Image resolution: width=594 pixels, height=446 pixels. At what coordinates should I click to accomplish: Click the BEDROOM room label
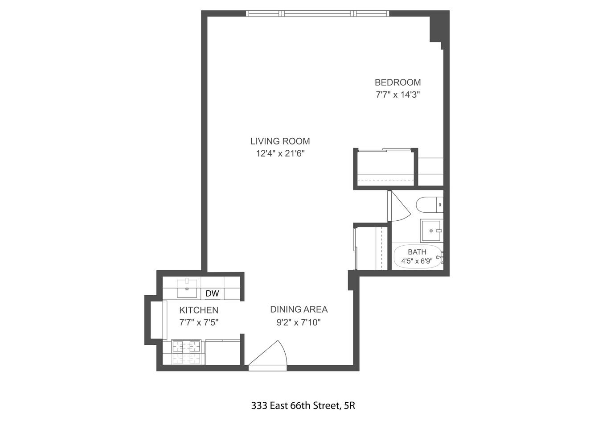[397, 83]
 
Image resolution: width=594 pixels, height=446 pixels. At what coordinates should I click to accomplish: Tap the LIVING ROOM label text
[280, 141]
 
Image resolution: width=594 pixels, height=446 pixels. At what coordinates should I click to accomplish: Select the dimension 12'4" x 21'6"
[280, 154]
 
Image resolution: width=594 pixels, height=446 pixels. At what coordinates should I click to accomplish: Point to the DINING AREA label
[299, 310]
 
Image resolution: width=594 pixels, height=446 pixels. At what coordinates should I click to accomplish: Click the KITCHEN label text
[199, 310]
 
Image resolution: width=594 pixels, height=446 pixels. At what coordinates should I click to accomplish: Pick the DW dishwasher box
[213, 293]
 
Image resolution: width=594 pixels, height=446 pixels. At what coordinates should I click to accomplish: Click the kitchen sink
[187, 288]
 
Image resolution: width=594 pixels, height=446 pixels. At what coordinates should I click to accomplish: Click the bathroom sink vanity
[431, 231]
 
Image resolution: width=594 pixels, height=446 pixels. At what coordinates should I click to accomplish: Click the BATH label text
[417, 252]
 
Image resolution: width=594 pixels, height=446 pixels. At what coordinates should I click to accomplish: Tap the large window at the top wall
[318, 14]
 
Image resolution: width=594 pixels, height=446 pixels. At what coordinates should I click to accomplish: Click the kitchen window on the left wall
[156, 320]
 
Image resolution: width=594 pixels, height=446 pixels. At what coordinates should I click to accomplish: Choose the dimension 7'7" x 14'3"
[397, 95]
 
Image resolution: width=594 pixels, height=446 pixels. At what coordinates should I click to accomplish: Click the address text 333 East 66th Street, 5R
[303, 406]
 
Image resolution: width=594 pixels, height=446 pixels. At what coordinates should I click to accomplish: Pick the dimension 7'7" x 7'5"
[199, 322]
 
